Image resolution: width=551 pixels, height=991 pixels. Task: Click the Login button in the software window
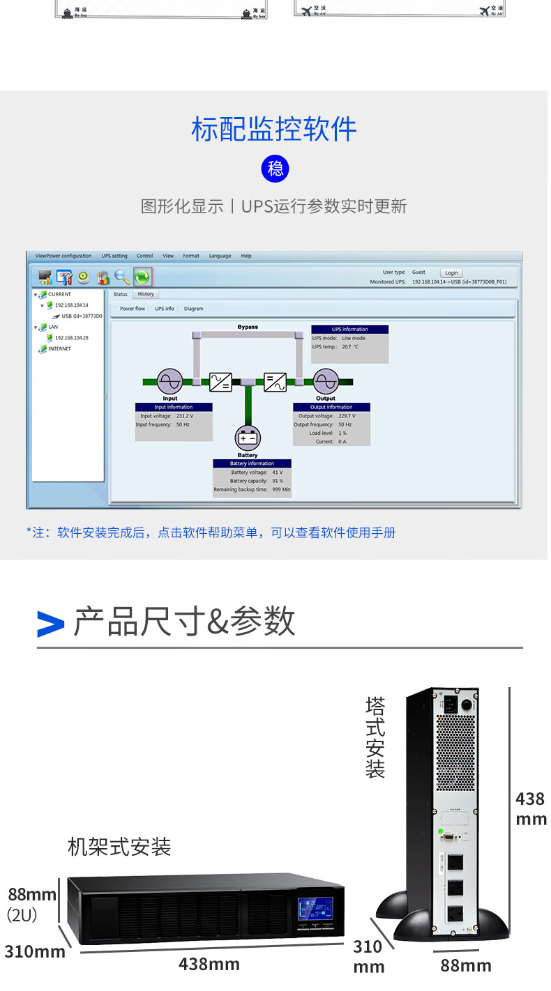(451, 272)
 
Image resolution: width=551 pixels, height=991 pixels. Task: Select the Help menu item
(246, 256)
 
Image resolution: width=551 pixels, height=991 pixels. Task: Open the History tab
(146, 294)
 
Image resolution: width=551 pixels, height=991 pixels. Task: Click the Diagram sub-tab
(194, 309)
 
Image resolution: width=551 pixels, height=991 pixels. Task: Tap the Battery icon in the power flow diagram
(248, 438)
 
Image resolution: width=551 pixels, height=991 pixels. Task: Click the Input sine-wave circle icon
(170, 381)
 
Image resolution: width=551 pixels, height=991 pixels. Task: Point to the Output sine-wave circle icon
(325, 381)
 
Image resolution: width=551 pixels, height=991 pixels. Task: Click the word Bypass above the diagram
(248, 327)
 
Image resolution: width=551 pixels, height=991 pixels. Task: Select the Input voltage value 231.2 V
(185, 416)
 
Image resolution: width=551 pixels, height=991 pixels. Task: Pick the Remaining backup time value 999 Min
(281, 490)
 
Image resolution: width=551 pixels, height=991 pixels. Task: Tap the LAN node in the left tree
(53, 326)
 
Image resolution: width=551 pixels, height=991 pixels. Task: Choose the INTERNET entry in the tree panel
(59, 348)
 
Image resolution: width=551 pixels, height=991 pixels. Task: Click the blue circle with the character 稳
(275, 169)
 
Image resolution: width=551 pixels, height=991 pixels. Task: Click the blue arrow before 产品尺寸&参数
(50, 623)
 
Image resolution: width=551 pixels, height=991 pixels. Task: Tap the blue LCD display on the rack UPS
(315, 908)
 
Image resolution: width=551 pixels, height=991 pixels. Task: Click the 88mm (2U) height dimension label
(31, 903)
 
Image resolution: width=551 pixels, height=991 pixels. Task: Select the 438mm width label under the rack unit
(209, 965)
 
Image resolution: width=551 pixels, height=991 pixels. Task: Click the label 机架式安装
(119, 847)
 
